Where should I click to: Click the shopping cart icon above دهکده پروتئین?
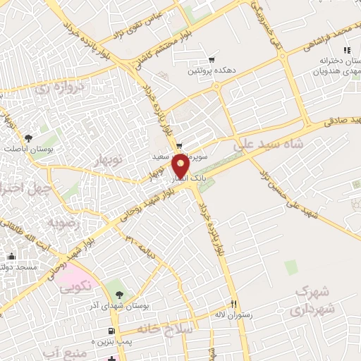tap(211, 59)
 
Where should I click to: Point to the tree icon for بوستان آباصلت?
tap(28, 138)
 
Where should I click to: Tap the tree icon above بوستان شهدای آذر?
tap(118, 294)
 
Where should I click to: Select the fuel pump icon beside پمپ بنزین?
tap(111, 331)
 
